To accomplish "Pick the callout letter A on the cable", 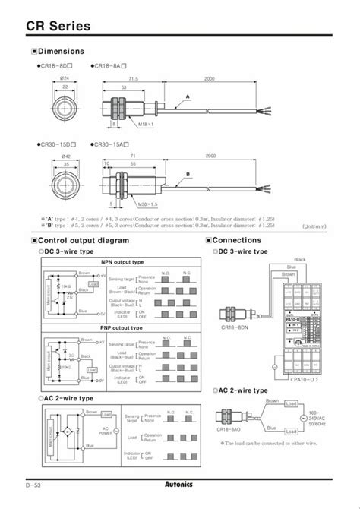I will tap(187, 96).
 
